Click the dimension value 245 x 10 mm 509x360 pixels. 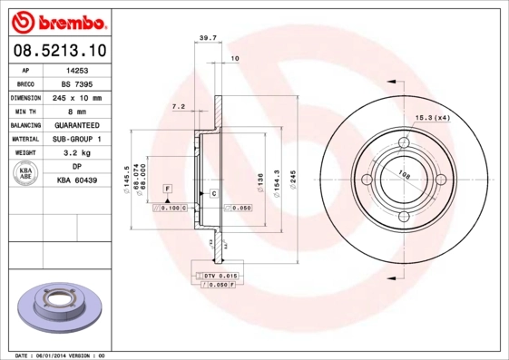pyautogui.click(x=77, y=96)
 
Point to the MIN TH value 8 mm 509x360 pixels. pyautogui.click(x=77, y=111)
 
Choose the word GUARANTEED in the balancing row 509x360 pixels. pyautogui.click(x=77, y=125)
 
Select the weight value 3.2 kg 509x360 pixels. pyautogui.click(x=77, y=153)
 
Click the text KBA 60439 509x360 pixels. pyautogui.click(x=77, y=181)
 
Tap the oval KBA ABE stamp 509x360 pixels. pyautogui.click(x=26, y=174)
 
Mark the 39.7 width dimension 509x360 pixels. pyautogui.click(x=208, y=37)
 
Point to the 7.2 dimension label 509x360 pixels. pyautogui.click(x=179, y=107)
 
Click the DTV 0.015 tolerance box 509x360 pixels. pyautogui.click(x=218, y=275)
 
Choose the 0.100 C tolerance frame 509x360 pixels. pyautogui.click(x=170, y=209)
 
